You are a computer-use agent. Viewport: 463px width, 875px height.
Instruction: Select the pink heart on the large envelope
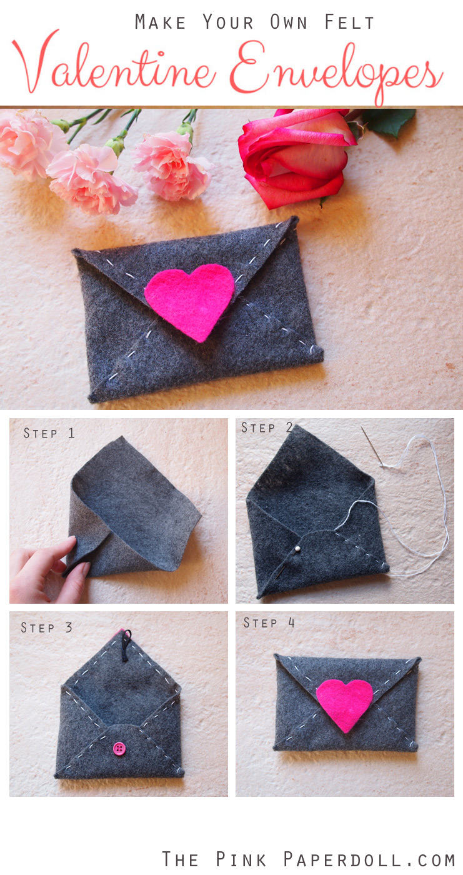(x=190, y=300)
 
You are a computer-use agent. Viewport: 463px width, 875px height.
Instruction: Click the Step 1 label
(x=49, y=432)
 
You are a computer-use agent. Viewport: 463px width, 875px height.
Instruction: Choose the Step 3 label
(x=47, y=627)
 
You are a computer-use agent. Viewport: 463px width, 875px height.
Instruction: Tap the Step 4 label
(x=269, y=622)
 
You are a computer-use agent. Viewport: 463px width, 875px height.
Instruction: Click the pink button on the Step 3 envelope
(x=119, y=748)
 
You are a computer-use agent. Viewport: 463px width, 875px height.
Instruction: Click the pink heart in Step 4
(x=344, y=704)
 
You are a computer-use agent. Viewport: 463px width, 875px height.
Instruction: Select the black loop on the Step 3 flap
(x=127, y=644)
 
